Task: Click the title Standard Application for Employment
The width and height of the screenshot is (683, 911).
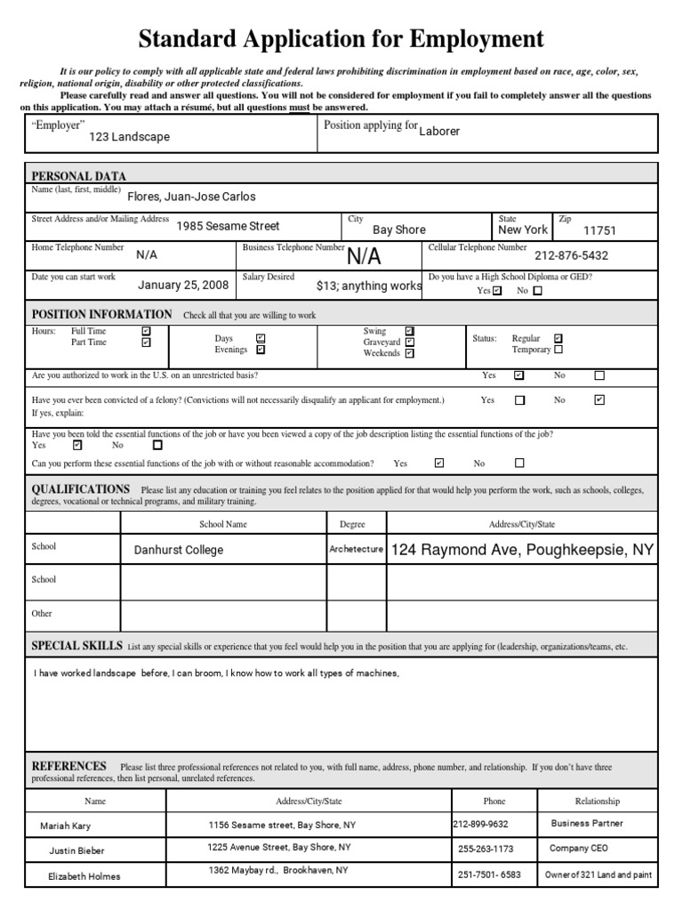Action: pyautogui.click(x=341, y=39)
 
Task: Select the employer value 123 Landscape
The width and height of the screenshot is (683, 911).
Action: pyautogui.click(x=129, y=137)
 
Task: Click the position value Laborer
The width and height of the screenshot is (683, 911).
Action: pyautogui.click(x=439, y=131)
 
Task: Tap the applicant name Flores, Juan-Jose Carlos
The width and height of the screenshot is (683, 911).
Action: pyautogui.click(x=191, y=197)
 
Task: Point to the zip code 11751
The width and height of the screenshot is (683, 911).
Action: pyautogui.click(x=599, y=230)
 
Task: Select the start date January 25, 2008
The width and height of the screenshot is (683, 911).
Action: pyautogui.click(x=183, y=286)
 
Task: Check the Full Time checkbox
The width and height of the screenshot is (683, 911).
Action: pyautogui.click(x=146, y=331)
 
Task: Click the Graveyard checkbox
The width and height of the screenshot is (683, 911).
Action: pyautogui.click(x=409, y=342)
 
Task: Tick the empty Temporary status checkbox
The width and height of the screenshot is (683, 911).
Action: pyautogui.click(x=558, y=350)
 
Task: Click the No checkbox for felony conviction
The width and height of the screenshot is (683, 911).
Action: pyautogui.click(x=599, y=400)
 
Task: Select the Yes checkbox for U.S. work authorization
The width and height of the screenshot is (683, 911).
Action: pyautogui.click(x=519, y=375)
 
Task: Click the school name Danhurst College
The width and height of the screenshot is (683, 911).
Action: pyautogui.click(x=178, y=550)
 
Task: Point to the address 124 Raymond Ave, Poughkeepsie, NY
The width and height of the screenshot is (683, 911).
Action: pyautogui.click(x=522, y=550)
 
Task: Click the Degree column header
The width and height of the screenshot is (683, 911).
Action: pyautogui.click(x=352, y=524)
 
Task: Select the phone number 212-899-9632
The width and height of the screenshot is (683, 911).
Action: pyautogui.click(x=481, y=824)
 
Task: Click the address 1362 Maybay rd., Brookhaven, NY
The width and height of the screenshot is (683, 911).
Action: pyautogui.click(x=277, y=870)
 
